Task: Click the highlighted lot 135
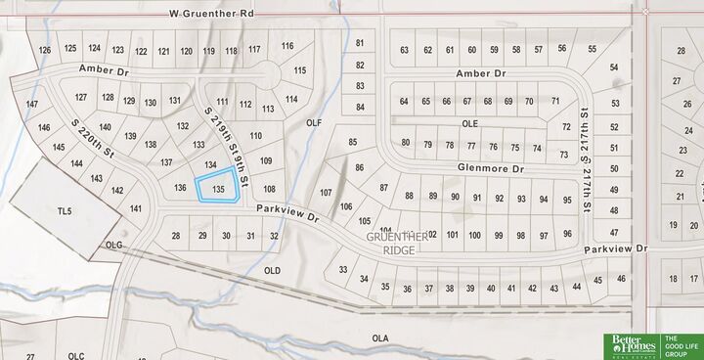(x=219, y=186)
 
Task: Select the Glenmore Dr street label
(x=491, y=168)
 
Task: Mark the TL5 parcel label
(x=66, y=210)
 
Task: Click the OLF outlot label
(x=314, y=123)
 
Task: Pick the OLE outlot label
(x=470, y=124)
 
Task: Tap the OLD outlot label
(x=273, y=270)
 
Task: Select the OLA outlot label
(x=380, y=337)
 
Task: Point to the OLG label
(x=115, y=246)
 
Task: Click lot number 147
(x=32, y=104)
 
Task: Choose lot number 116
(x=286, y=46)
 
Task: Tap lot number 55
(x=592, y=48)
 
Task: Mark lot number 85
(x=353, y=143)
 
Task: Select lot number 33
(x=343, y=269)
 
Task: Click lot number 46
(x=622, y=279)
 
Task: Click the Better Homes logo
(x=630, y=345)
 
